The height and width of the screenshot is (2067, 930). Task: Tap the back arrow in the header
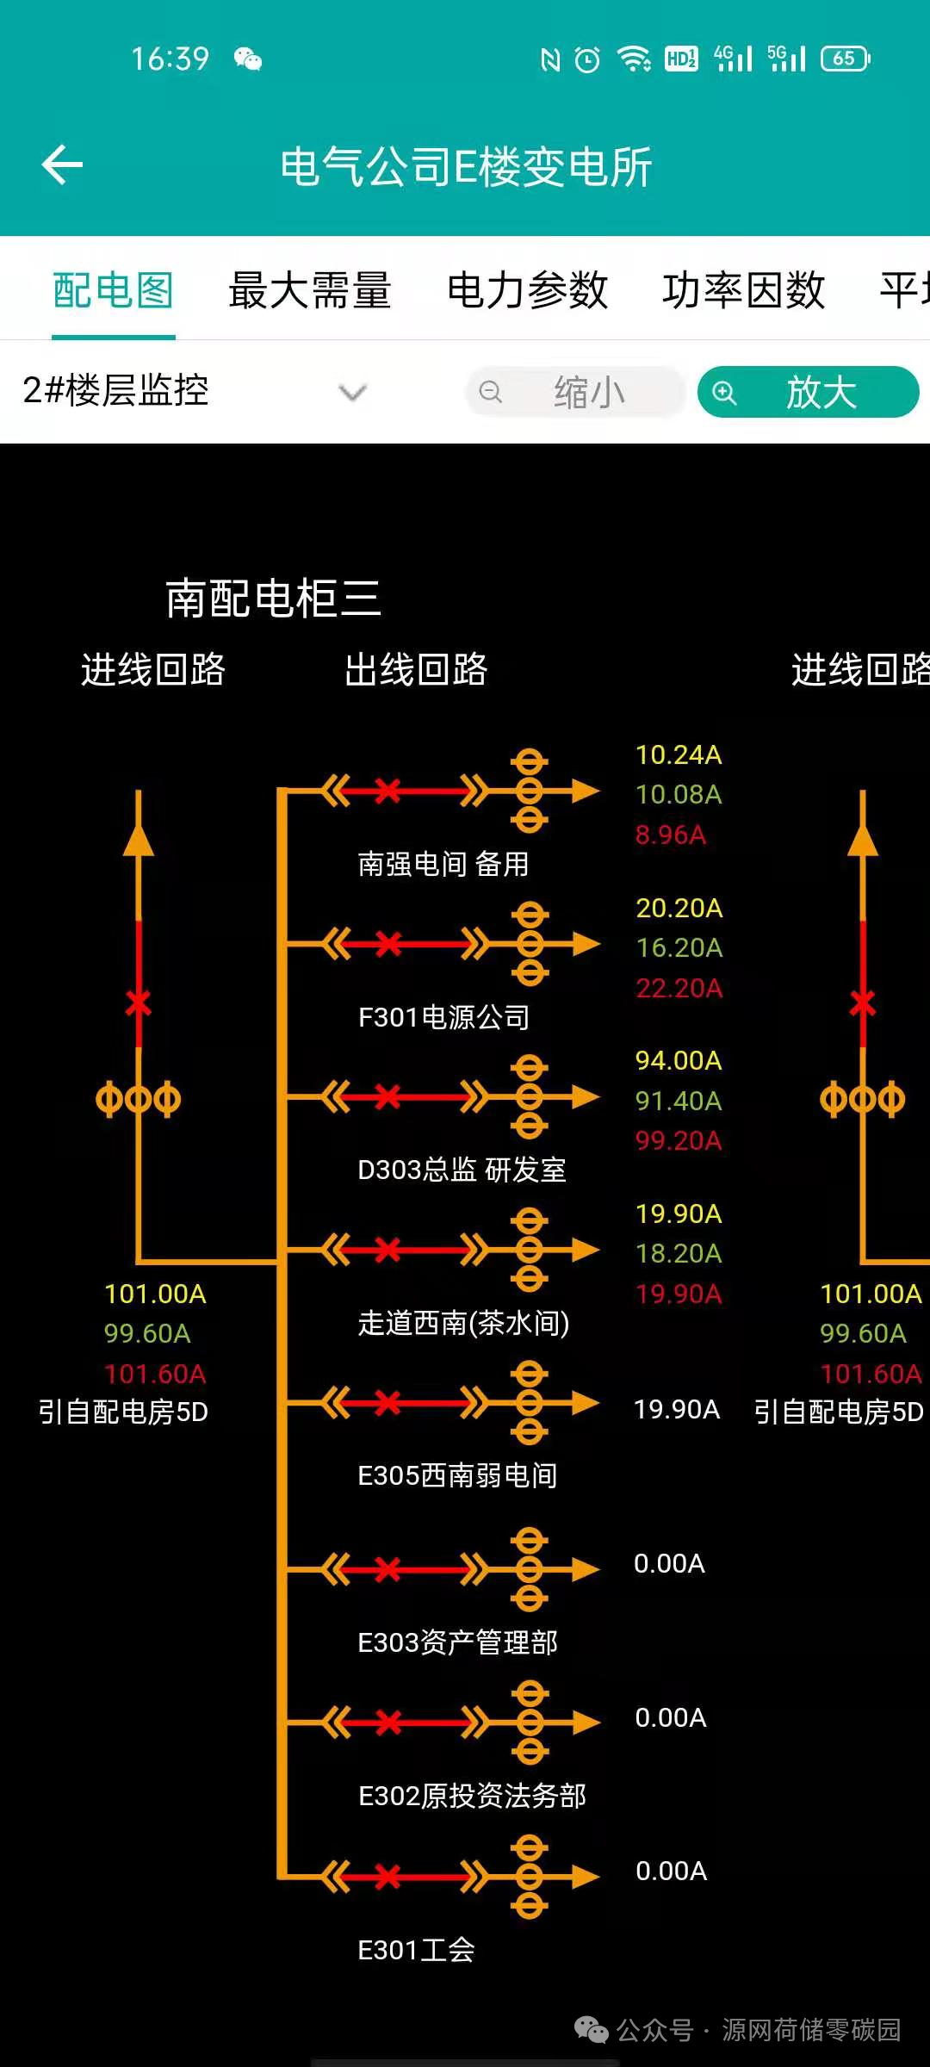[x=62, y=164]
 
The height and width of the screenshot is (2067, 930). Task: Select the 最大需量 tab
[x=310, y=290]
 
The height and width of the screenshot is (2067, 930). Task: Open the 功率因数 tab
[x=743, y=290]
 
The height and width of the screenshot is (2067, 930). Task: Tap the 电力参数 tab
[x=527, y=290]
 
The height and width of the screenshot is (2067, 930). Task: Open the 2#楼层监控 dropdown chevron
[x=352, y=393]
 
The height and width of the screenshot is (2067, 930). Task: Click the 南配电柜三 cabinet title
[x=273, y=598]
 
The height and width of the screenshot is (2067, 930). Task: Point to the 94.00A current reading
[x=679, y=1060]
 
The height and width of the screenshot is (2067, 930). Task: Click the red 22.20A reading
[x=679, y=988]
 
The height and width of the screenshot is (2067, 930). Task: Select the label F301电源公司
[x=443, y=1017]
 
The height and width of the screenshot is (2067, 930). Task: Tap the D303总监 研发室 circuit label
[x=462, y=1170]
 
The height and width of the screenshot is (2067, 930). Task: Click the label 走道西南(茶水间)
[x=463, y=1323]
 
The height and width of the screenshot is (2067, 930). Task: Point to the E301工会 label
[x=416, y=1950]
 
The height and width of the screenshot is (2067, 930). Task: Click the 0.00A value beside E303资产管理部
[x=669, y=1563]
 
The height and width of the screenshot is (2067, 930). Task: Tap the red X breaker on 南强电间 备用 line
[x=387, y=790]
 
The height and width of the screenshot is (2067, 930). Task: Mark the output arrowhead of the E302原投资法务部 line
[x=586, y=1722]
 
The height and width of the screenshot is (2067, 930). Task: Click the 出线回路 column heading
[x=416, y=669]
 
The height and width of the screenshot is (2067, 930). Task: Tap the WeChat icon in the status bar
[x=247, y=59]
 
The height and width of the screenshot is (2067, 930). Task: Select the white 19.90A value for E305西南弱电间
[x=676, y=1409]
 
